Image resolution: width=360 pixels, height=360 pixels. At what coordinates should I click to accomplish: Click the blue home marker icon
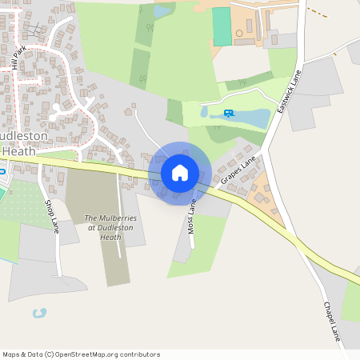(180, 172)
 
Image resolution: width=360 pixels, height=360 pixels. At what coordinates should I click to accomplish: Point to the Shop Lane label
(52, 216)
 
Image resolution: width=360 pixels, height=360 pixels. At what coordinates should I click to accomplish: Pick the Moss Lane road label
(192, 217)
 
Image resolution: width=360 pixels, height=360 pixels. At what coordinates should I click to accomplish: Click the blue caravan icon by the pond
(230, 113)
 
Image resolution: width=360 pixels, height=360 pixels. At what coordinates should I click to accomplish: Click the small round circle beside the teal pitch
(238, 34)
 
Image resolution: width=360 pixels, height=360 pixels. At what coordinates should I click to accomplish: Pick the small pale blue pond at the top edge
(162, 11)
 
